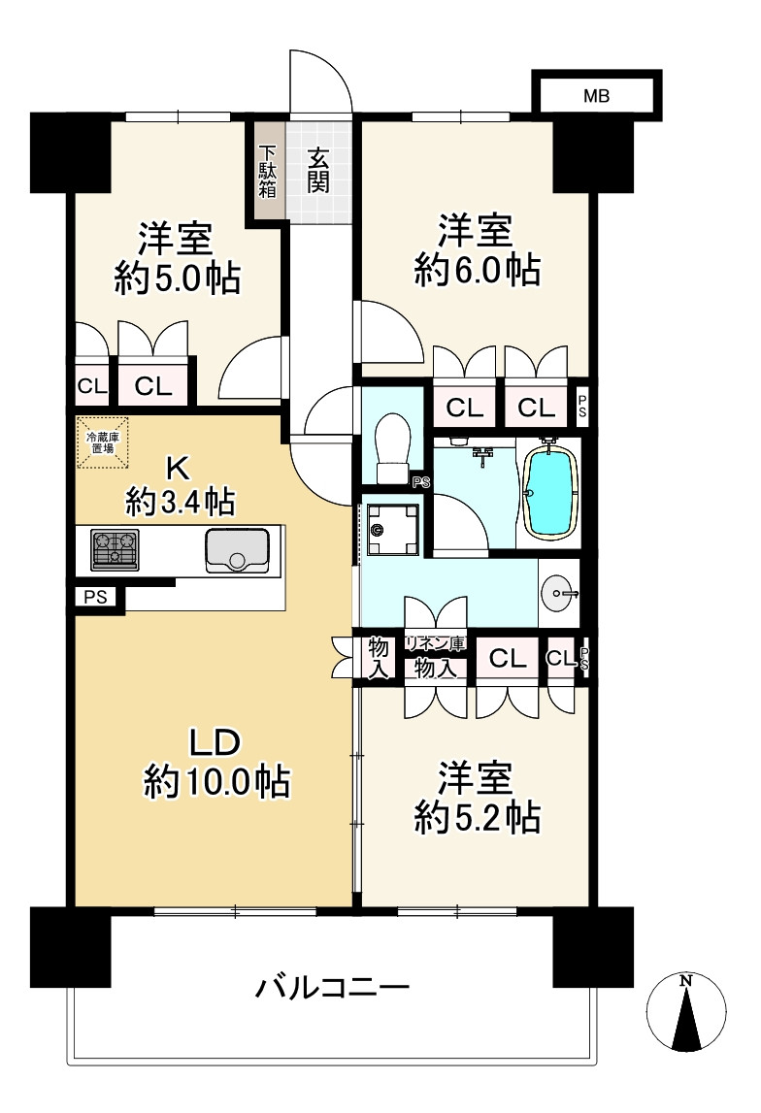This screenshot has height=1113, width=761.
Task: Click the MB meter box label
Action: tap(597, 95)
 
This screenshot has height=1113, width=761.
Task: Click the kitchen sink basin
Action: tap(237, 551)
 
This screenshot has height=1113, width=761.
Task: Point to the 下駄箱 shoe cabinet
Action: tap(267, 172)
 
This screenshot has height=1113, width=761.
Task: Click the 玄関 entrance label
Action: tap(317, 171)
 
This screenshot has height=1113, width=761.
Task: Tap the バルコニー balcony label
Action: tap(333, 989)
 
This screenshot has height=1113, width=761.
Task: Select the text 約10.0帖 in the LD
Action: tap(216, 780)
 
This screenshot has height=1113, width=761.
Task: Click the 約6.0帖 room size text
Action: tap(477, 271)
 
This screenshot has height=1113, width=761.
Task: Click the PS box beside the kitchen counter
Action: tap(94, 598)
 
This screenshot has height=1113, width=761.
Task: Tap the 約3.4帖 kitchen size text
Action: tap(179, 502)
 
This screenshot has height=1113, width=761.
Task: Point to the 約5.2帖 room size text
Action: tap(477, 818)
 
